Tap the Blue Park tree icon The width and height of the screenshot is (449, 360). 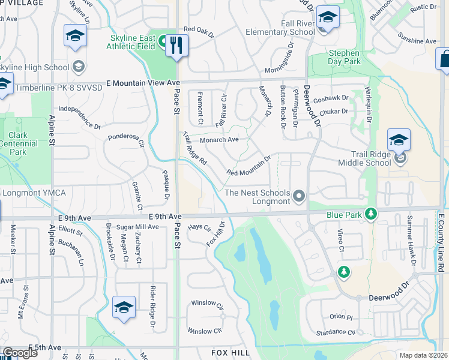coord(372,214)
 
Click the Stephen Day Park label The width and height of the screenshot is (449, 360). coord(345,57)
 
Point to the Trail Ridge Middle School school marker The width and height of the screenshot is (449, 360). coord(399,142)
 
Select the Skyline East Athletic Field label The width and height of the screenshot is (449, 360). coord(133,41)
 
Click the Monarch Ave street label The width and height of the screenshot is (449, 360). coord(220,140)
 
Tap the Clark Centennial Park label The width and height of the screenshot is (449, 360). coord(19,143)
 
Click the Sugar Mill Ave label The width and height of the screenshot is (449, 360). coord(137,227)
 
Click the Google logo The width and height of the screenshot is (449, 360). coord(20,353)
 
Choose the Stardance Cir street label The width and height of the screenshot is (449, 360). coord(334,332)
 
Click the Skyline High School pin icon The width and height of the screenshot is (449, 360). coord(78,65)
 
